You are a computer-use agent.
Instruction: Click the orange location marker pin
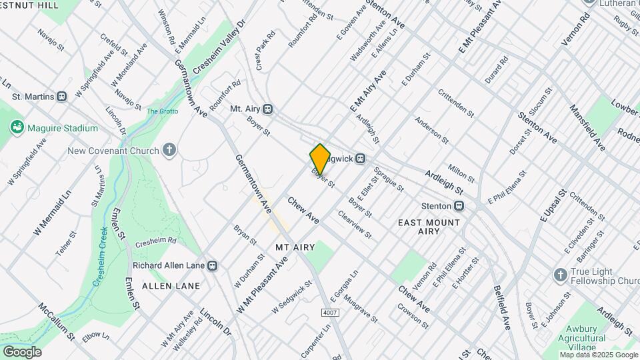click(321, 158)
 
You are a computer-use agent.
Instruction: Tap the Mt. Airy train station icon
click(268, 109)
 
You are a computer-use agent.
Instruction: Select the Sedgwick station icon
click(361, 159)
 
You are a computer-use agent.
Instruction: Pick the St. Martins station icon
click(62, 97)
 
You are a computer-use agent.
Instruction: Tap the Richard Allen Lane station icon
click(212, 265)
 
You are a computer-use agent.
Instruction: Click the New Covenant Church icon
click(170, 151)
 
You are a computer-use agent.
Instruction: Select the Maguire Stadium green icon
click(17, 127)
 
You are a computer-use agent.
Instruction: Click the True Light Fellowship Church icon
click(561, 275)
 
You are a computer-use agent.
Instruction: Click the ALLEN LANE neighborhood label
click(171, 286)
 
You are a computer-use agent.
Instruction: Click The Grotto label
click(162, 111)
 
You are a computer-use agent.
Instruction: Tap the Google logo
click(22, 352)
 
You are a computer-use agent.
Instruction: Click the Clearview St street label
click(355, 224)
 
